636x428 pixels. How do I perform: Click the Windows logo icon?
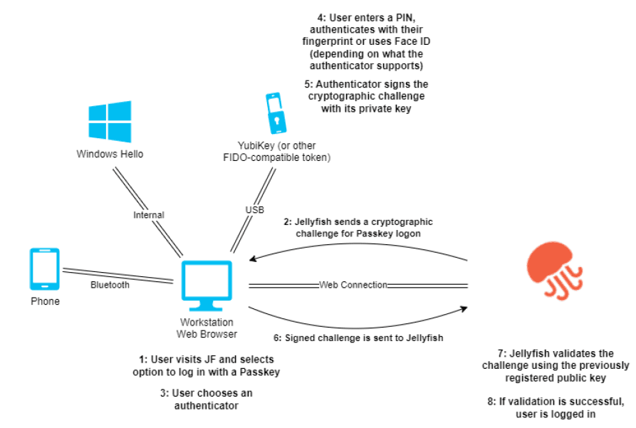pos(110,122)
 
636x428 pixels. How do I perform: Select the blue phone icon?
pos(45,269)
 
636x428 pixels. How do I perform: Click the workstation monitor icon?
pos(207,286)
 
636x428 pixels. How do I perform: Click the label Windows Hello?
pos(110,154)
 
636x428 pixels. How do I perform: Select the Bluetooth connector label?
pos(110,285)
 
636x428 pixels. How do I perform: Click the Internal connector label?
pos(149,214)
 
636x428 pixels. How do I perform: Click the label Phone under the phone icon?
pos(45,301)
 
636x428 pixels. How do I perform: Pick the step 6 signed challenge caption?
pos(359,338)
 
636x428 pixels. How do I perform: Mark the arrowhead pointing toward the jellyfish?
pos(464,308)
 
